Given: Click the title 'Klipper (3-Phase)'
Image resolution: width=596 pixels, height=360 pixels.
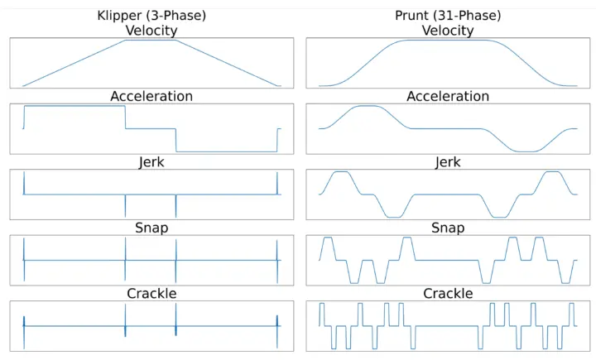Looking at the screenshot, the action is click(x=151, y=16).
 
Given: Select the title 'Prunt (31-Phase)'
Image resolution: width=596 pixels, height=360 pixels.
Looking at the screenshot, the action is click(x=448, y=16).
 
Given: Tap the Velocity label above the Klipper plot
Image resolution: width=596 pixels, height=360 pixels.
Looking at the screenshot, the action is click(x=151, y=31).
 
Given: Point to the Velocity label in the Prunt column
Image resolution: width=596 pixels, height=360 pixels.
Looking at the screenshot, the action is click(x=448, y=31).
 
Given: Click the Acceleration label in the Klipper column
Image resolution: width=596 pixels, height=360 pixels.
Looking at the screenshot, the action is click(x=151, y=96).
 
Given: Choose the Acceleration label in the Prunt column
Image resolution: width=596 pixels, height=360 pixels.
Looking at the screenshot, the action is click(x=448, y=96).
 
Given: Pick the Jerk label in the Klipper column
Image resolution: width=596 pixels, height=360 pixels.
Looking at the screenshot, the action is click(x=151, y=162).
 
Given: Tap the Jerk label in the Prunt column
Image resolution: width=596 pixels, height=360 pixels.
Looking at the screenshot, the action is click(x=448, y=162).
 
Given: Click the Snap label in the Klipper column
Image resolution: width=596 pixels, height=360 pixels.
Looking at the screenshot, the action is click(x=151, y=228).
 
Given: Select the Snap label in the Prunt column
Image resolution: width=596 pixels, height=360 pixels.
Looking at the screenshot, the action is click(x=448, y=228).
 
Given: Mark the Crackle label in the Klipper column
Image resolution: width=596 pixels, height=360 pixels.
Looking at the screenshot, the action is click(x=151, y=294).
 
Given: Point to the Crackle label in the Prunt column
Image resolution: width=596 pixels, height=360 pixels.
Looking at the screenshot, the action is click(x=448, y=294).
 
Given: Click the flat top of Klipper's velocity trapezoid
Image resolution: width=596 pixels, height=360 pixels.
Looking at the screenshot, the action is click(x=151, y=40).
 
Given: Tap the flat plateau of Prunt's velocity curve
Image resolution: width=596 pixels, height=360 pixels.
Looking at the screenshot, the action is click(x=448, y=40).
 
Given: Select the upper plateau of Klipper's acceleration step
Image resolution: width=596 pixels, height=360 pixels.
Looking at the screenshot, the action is click(x=74, y=106).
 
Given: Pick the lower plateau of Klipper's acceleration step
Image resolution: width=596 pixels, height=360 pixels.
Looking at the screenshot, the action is click(x=227, y=151).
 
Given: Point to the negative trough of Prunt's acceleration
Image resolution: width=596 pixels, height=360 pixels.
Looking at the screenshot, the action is click(x=526, y=151).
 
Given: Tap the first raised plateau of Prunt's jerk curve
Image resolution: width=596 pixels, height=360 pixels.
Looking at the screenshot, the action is click(x=340, y=172).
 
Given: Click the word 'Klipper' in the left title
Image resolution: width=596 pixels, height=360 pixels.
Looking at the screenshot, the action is click(x=119, y=16).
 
